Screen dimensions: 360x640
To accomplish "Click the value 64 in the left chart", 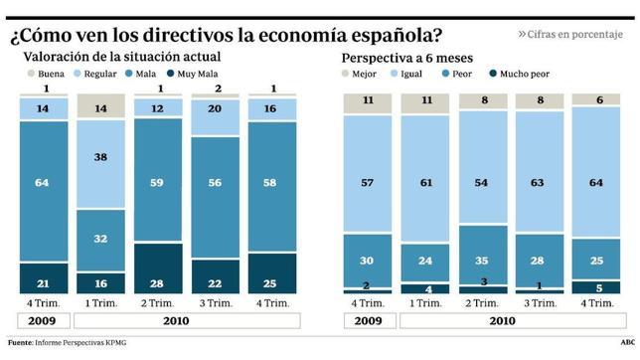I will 42,183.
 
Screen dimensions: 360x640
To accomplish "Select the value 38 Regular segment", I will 101,157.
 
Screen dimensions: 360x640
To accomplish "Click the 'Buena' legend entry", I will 48,74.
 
